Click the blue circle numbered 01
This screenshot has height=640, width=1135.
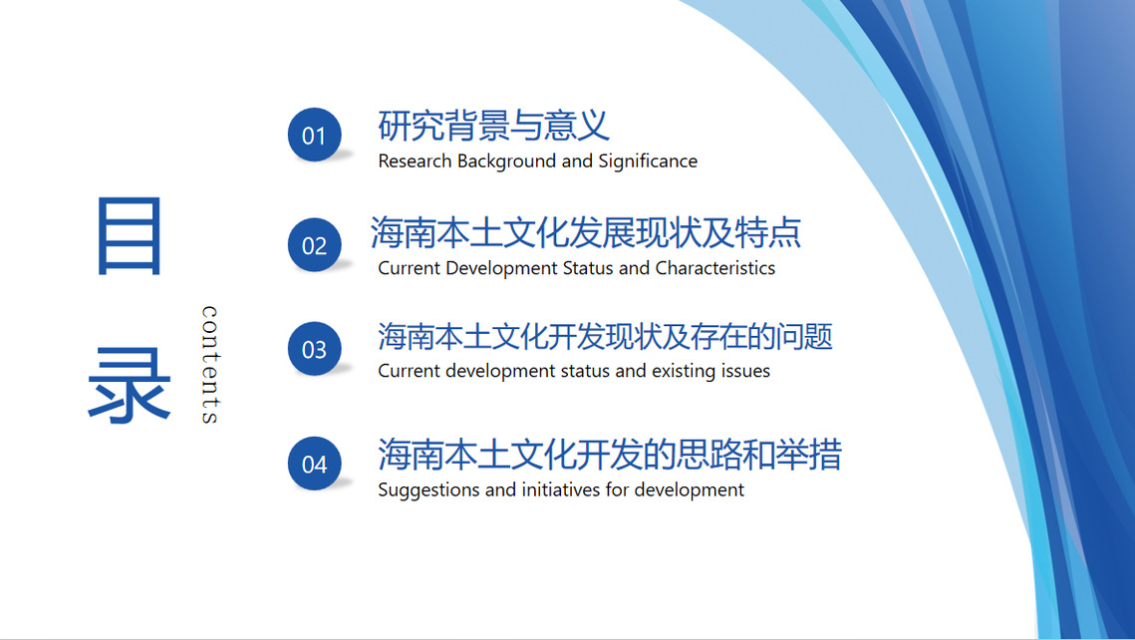pos(314,135)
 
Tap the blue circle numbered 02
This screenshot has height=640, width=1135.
pos(314,244)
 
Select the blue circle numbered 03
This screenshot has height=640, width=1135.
pos(314,348)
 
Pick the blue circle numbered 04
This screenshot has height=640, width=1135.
pos(314,464)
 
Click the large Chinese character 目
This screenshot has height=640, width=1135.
pos(129,236)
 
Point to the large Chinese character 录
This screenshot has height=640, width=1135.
pos(129,385)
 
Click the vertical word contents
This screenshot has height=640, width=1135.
pos(209,364)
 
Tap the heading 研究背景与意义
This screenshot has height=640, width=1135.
pos(493,126)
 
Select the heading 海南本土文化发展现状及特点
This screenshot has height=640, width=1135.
pos(586,232)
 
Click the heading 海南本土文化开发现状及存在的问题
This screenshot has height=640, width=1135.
pos(605,337)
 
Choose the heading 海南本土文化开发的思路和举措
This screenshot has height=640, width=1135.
pos(610,455)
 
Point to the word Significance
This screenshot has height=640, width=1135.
pos(648,161)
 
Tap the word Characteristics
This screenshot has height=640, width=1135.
pos(715,268)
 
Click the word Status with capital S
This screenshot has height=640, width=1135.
pos(588,268)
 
